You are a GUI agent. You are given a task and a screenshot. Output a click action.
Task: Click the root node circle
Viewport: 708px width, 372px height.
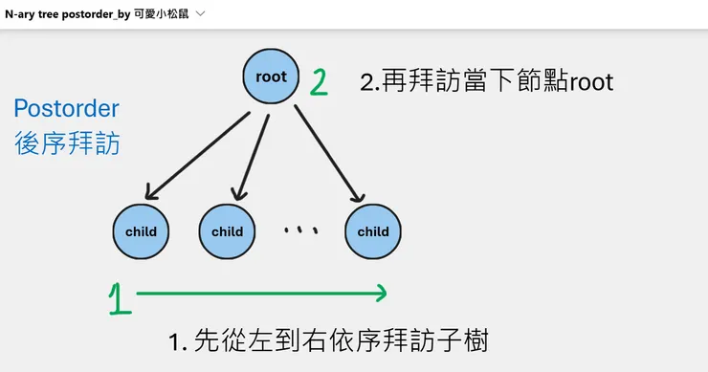272,77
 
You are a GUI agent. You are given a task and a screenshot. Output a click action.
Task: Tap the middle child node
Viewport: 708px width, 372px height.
227,231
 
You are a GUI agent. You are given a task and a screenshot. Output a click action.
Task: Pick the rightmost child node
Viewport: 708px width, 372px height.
372,231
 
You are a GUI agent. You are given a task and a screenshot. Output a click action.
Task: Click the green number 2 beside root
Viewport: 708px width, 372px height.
319,81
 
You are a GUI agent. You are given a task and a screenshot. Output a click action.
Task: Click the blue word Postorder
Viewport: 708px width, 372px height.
66,108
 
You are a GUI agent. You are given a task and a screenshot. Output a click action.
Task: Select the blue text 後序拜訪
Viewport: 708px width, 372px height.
66,143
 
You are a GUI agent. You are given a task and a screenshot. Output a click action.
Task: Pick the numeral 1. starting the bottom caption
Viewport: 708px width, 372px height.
178,341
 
